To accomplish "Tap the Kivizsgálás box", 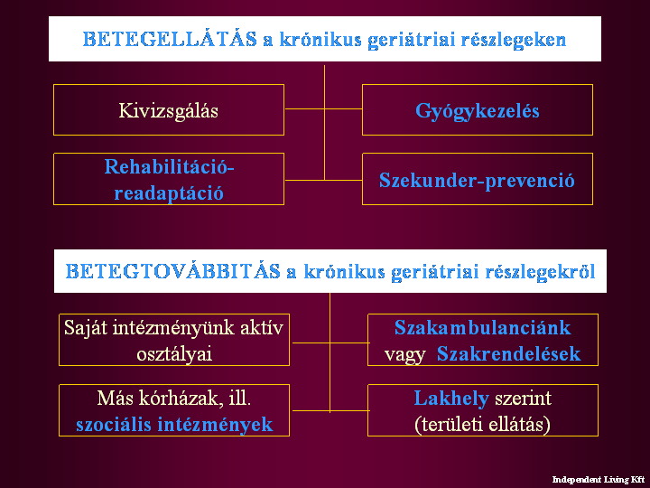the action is pos(169,110).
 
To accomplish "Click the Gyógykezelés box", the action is pos(478,110).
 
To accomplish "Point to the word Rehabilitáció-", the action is pos(169,167).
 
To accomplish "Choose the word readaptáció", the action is pos(169,193).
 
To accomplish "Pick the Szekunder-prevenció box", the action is pos(478,179).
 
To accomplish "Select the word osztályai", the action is pos(174,354).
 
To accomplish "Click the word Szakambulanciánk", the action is pos(482,327).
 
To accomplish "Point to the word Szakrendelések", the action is pos(508,354).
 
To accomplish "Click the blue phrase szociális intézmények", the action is pos(174,425).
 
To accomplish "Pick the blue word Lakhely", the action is pos(451,399).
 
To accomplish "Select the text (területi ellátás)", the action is pos(482,425).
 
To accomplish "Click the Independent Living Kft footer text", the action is pos(599,480).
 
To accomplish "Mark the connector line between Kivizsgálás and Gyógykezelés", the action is pos(323,109).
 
